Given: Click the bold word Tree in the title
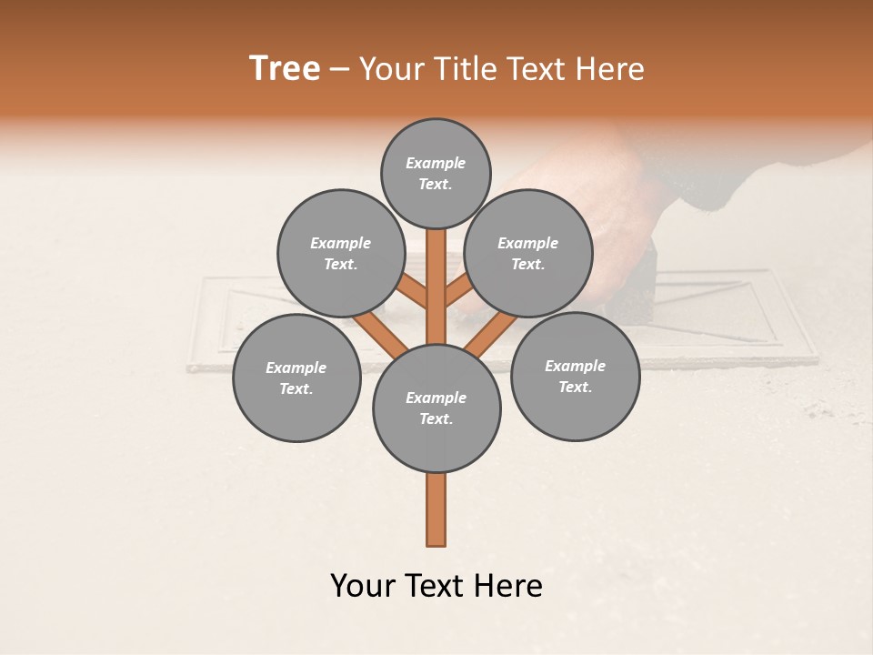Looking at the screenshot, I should pyautogui.click(x=285, y=68).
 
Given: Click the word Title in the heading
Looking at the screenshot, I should pyautogui.click(x=465, y=68).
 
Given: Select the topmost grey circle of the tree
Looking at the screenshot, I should pyautogui.click(x=436, y=173).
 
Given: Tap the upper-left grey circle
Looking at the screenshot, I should pyautogui.click(x=340, y=253).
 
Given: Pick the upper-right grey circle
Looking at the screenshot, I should pyautogui.click(x=528, y=253).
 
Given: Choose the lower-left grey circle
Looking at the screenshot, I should pyautogui.click(x=296, y=378).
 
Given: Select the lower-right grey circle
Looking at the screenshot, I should pyautogui.click(x=575, y=376).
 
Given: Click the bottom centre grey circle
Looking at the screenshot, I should pyautogui.click(x=436, y=408).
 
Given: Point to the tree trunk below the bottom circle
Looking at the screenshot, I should pyautogui.click(x=436, y=509).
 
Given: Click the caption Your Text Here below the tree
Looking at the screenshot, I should pyautogui.click(x=436, y=586).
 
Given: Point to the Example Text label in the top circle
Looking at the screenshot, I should pyautogui.click(x=436, y=173).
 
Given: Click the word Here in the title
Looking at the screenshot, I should pyautogui.click(x=611, y=68).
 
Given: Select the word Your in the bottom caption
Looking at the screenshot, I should pyautogui.click(x=363, y=586).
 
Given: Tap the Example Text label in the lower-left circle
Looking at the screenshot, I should pyautogui.click(x=296, y=378).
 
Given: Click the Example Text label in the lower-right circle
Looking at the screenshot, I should pyautogui.click(x=575, y=376).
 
